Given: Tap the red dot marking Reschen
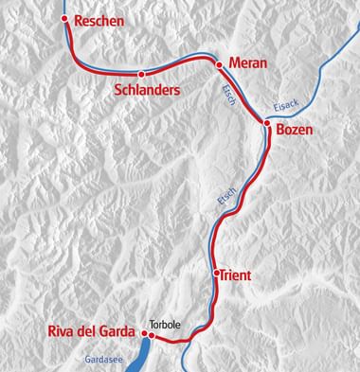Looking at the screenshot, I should (x=64, y=19).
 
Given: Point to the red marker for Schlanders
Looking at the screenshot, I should (x=141, y=73).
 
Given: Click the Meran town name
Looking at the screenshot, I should (x=249, y=63).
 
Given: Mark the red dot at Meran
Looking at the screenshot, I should (x=220, y=64).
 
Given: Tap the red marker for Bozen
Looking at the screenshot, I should (x=267, y=123).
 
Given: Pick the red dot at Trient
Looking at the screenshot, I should (x=216, y=273).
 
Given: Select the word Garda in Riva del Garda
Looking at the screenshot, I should (x=118, y=331).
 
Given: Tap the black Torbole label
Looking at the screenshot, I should (x=165, y=323).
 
